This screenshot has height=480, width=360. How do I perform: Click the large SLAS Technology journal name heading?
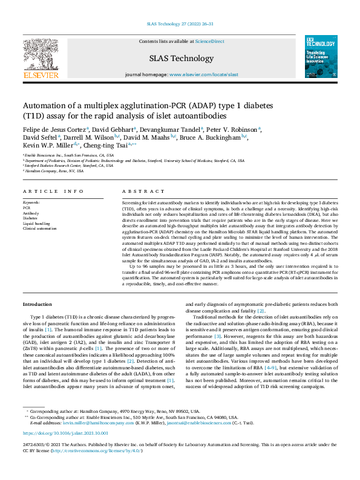pos(179,58)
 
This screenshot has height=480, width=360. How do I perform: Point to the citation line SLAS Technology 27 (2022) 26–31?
pos(180,24)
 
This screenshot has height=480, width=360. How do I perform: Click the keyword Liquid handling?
pos(36,224)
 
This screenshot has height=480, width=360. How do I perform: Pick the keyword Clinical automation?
pos(38,229)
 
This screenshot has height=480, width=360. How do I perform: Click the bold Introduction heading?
pos(37,303)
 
